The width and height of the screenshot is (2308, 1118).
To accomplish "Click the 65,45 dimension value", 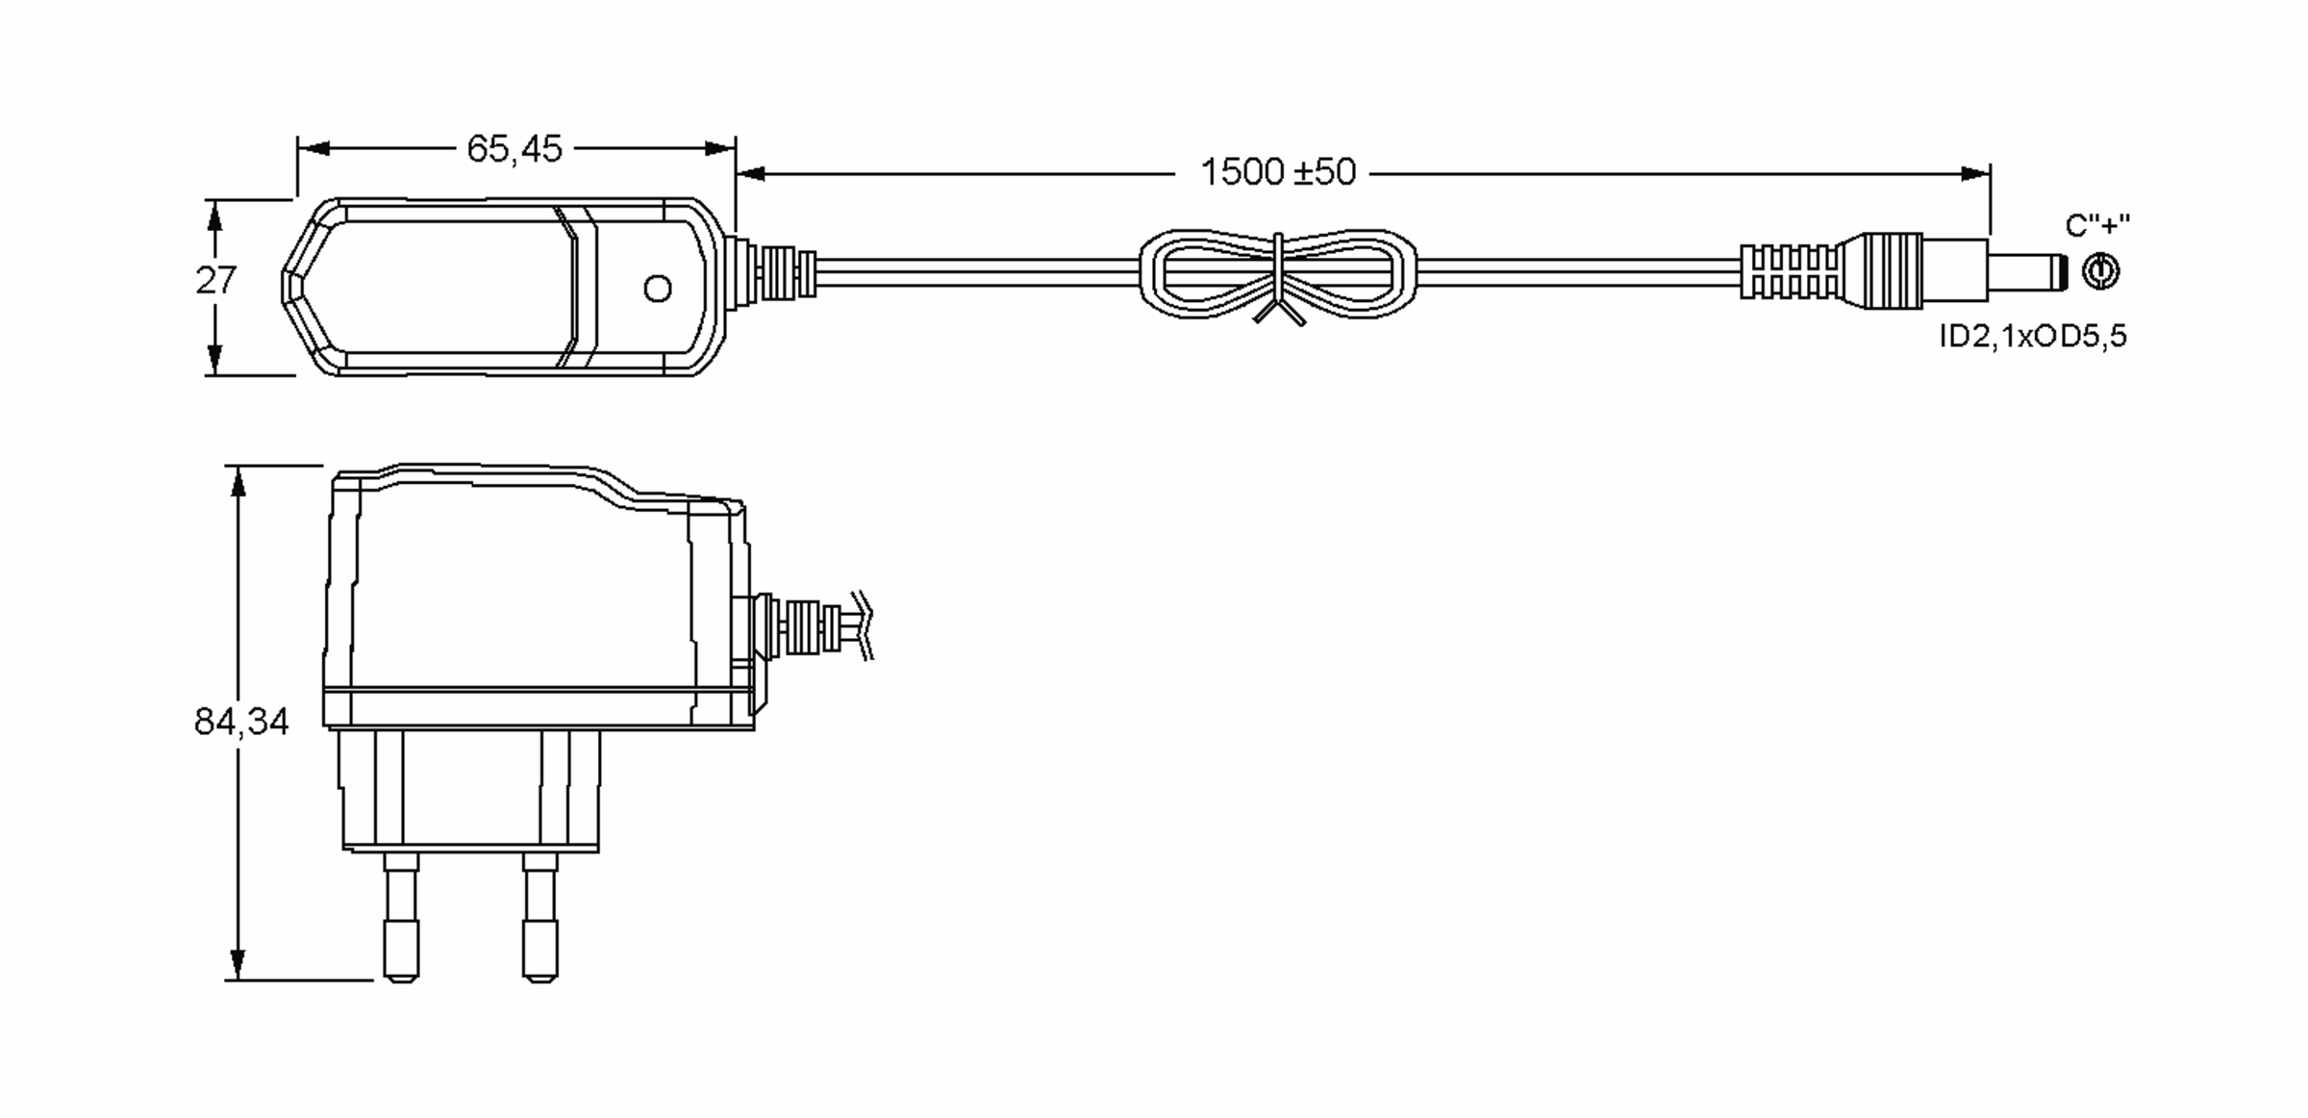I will pyautogui.click(x=514, y=149).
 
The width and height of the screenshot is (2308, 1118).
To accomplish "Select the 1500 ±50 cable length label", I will pyautogui.click(x=1278, y=172).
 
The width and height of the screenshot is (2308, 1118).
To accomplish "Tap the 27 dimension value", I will pyautogui.click(x=215, y=281).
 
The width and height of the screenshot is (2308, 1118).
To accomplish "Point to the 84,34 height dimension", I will pyautogui.click(x=241, y=722).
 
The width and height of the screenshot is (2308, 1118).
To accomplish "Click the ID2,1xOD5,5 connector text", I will pyautogui.click(x=2033, y=337).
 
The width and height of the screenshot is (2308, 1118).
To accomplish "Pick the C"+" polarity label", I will pyautogui.click(x=2097, y=225).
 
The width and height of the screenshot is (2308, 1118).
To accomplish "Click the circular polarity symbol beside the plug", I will pyautogui.click(x=2100, y=271).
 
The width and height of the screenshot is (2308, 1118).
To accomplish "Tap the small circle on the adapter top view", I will pyautogui.click(x=658, y=289).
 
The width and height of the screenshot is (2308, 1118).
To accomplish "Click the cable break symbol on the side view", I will pyautogui.click(x=865, y=625).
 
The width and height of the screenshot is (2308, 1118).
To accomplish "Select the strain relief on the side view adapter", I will pyautogui.click(x=803, y=627).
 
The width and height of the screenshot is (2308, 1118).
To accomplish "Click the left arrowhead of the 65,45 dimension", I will pyautogui.click(x=314, y=148).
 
